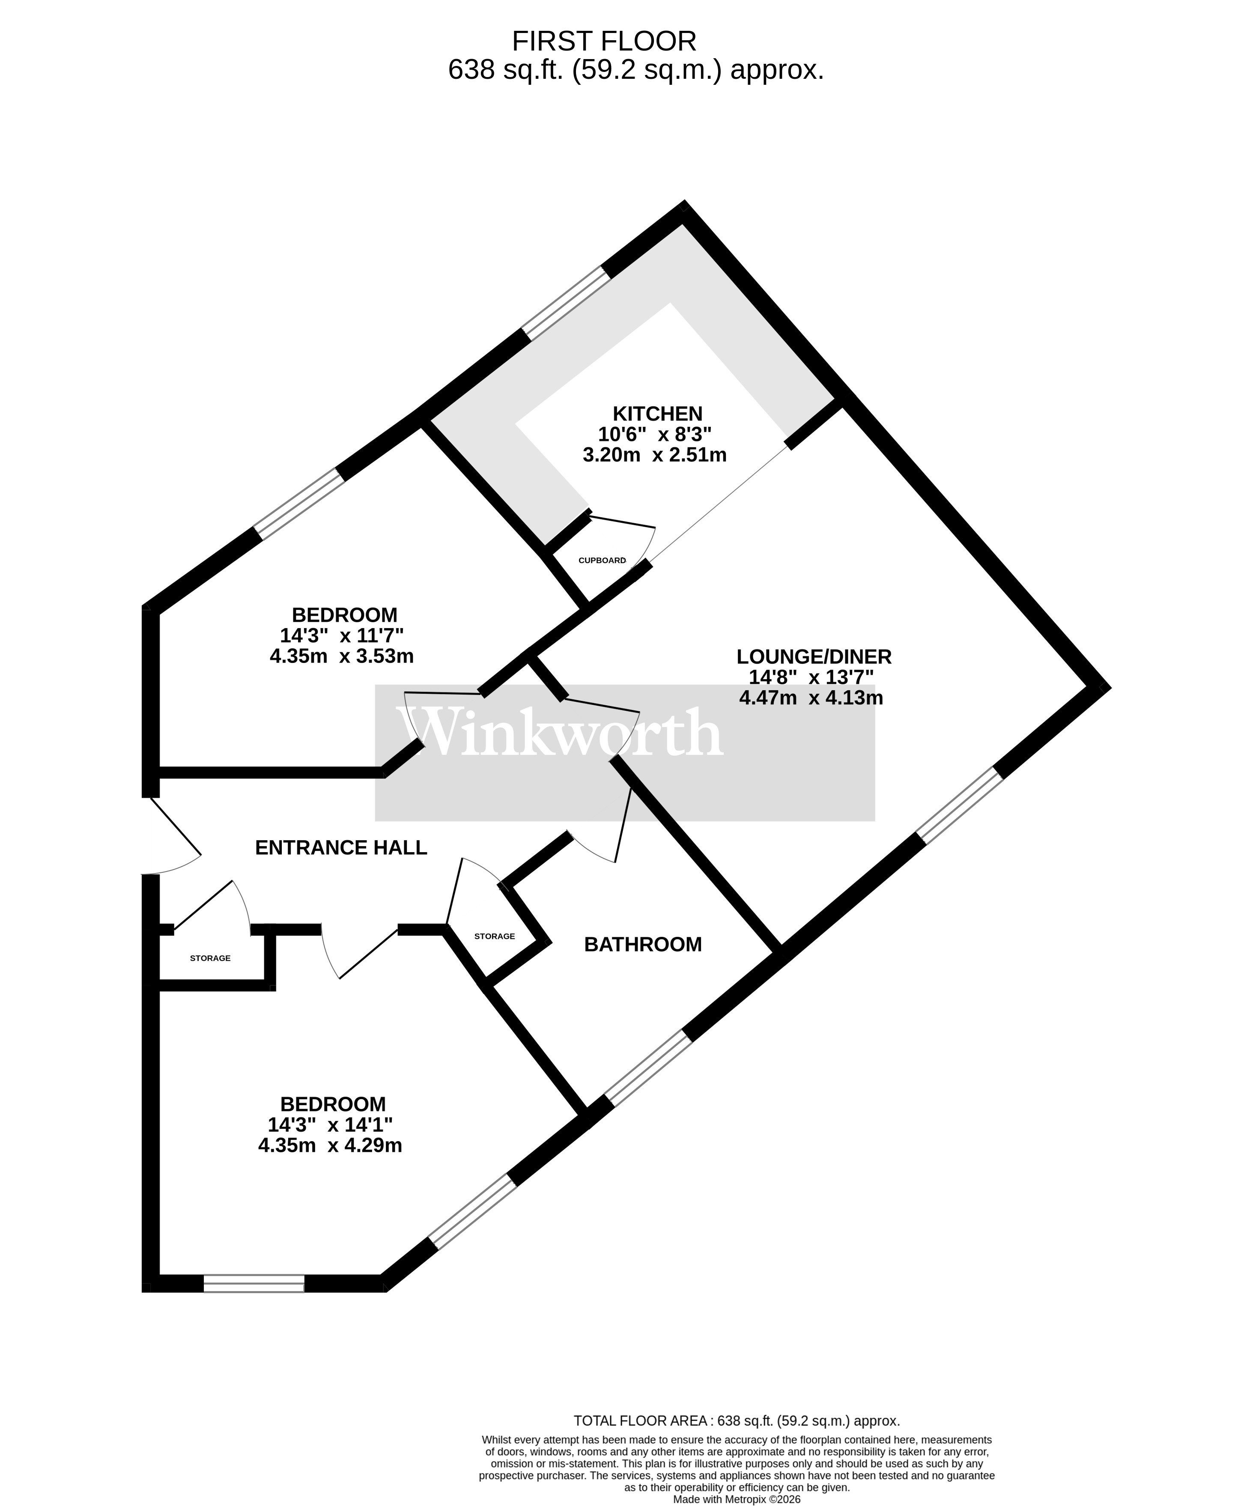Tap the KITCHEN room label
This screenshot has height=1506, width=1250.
click(x=657, y=414)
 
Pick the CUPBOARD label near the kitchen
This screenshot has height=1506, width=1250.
click(x=602, y=560)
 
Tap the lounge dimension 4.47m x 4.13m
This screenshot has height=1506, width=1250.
click(x=811, y=697)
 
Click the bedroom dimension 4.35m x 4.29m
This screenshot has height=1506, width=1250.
click(x=330, y=1145)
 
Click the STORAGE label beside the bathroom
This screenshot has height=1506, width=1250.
click(x=494, y=936)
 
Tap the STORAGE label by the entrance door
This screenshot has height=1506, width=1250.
click(x=210, y=958)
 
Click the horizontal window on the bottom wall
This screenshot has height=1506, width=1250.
click(x=254, y=1283)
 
